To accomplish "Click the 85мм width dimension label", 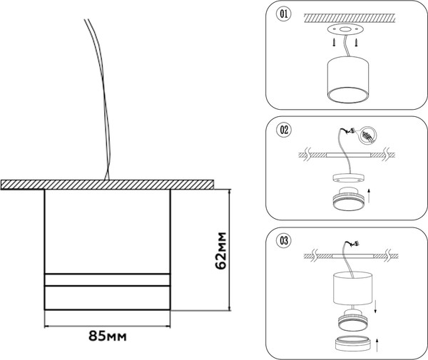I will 108,334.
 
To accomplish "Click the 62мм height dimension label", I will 221,250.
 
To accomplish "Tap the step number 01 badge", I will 283,13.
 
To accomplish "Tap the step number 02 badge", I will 283,130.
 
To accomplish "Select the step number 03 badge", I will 283,240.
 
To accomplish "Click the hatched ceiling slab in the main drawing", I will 107,184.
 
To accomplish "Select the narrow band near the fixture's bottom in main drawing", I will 108,279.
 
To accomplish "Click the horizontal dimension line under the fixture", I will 108,325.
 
